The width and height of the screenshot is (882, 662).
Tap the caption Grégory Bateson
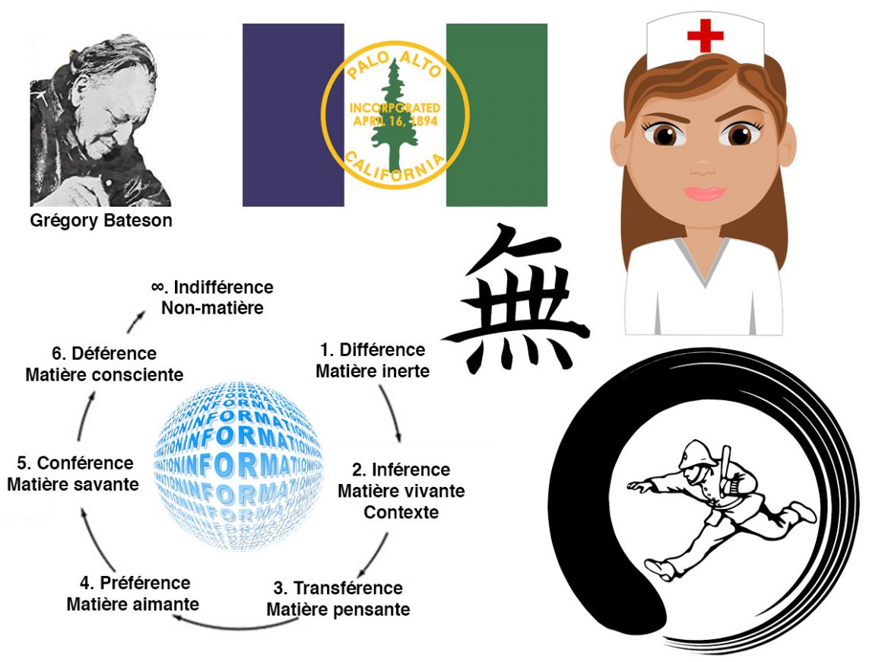(x=101, y=221)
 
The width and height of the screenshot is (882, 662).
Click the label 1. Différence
(x=372, y=350)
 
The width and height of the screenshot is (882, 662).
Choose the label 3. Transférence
(x=338, y=588)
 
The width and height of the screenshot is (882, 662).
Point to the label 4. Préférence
(x=135, y=583)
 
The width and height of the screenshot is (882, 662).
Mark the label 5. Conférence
(x=75, y=463)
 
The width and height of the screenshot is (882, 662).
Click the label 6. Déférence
(x=103, y=354)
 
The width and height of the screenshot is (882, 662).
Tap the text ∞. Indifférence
(x=212, y=288)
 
